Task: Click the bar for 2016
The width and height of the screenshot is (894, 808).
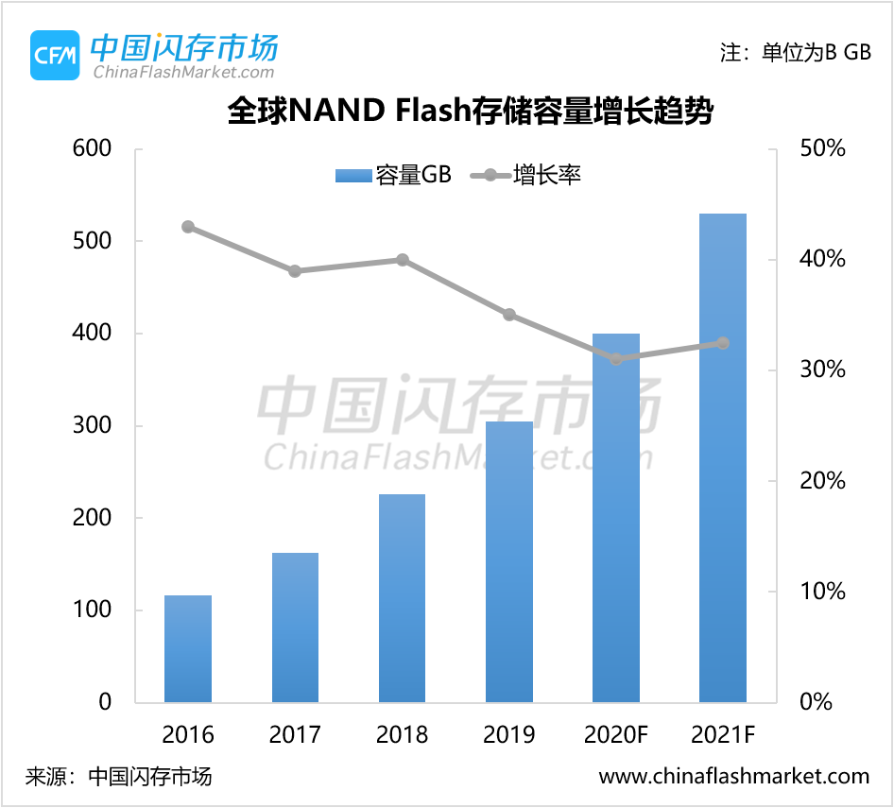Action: [x=188, y=648]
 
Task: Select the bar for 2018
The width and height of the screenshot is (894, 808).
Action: [x=402, y=597]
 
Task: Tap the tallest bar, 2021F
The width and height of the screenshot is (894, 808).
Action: [x=723, y=457]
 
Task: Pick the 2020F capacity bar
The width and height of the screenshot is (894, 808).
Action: [x=616, y=517]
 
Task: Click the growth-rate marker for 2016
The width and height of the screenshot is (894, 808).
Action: [x=188, y=227]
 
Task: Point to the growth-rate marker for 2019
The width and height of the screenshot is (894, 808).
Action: [x=509, y=315]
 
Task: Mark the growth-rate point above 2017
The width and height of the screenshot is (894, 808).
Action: [x=295, y=271]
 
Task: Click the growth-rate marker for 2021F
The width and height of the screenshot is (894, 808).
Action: [x=723, y=343]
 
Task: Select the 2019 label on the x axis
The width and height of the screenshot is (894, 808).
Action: [x=509, y=734]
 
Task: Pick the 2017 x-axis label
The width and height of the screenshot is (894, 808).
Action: [x=295, y=734]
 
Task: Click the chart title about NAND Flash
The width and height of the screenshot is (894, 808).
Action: [x=470, y=112]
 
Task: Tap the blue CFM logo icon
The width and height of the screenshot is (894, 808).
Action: [x=55, y=55]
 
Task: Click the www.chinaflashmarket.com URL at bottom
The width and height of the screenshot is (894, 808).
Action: [x=734, y=777]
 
